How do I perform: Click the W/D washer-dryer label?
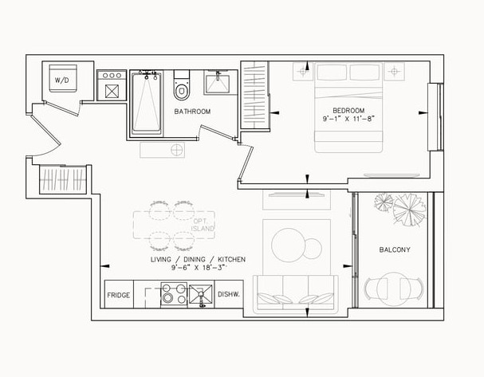62,81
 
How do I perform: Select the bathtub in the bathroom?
147,104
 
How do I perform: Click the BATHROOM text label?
192,112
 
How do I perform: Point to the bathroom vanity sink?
218,82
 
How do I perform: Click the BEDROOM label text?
348,111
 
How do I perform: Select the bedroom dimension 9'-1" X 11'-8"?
348,119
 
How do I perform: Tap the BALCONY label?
395,249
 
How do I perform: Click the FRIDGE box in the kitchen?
119,294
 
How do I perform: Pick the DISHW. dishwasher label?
229,294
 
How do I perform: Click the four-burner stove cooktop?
174,295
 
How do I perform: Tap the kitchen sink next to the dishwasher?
201,294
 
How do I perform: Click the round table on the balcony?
394,289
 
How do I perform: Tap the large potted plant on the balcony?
409,210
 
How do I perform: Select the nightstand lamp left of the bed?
302,71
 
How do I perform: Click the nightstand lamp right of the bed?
394,71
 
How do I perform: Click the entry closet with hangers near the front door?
63,179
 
